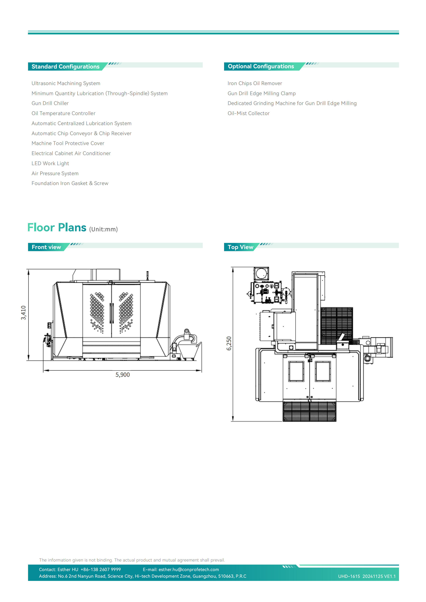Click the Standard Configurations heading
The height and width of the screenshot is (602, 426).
[x=65, y=67]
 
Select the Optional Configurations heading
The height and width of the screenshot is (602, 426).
[x=261, y=66]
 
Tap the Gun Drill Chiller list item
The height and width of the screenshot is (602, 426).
[x=50, y=103]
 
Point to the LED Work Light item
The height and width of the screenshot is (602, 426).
[x=50, y=163]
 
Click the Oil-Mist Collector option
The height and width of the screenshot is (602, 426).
[x=249, y=113]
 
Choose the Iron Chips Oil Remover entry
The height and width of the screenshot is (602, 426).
[x=255, y=83]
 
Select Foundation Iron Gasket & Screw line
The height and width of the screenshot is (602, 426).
[x=70, y=183]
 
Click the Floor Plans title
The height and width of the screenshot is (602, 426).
[x=57, y=227]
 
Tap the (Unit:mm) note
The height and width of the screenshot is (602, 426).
[x=103, y=229]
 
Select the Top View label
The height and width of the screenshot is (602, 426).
[x=240, y=247]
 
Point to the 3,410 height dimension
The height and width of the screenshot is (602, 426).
[x=24, y=313]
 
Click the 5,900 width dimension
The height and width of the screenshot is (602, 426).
[x=123, y=375]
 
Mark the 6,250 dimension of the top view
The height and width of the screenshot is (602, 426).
[x=229, y=343]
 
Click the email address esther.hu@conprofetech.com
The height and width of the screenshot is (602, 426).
[x=189, y=569]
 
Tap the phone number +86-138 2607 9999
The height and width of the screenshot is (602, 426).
[x=101, y=569]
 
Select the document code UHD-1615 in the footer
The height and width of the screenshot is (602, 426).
[x=349, y=576]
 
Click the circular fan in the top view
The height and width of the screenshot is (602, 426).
[x=261, y=274]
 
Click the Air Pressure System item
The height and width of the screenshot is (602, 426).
[x=55, y=173]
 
